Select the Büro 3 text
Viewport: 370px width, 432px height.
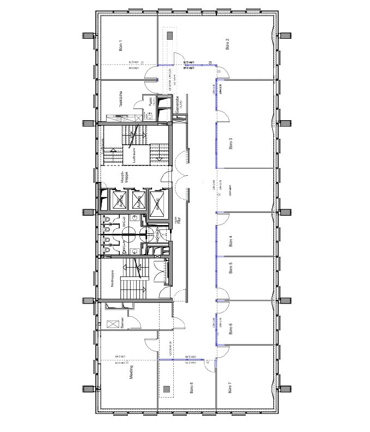click(x=231, y=143)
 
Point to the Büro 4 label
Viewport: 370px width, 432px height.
click(x=231, y=241)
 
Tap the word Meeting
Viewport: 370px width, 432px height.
click(x=131, y=375)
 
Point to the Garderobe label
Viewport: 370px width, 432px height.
click(x=178, y=105)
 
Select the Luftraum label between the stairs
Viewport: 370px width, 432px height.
click(x=133, y=153)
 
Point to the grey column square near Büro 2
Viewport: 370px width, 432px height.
click(x=169, y=35)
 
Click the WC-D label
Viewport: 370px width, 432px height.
click(x=125, y=222)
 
